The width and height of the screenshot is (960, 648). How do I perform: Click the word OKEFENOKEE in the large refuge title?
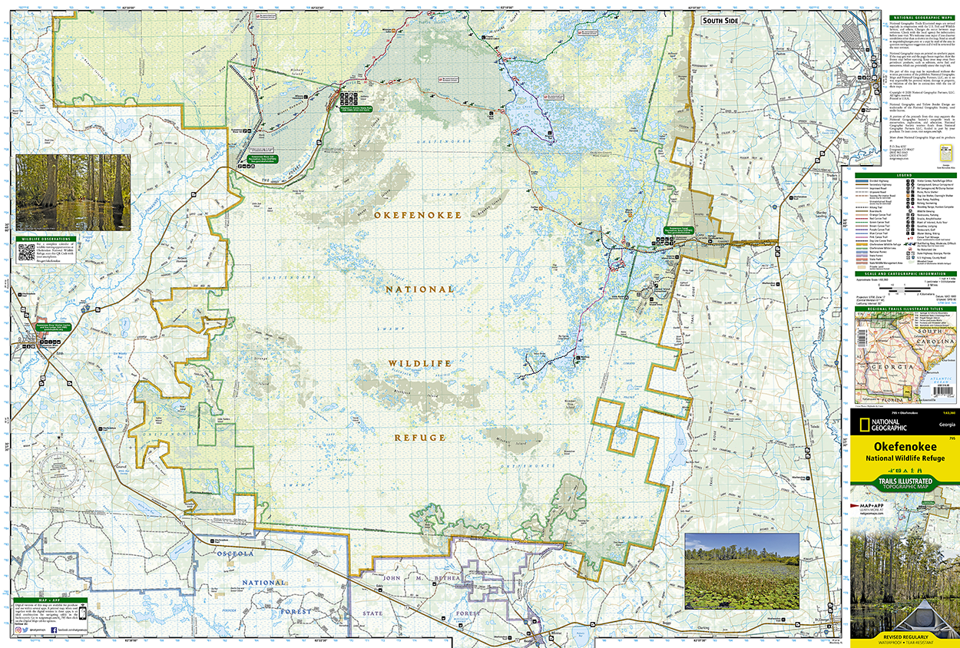tap(418, 216)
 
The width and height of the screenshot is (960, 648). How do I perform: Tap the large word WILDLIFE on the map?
tap(419, 363)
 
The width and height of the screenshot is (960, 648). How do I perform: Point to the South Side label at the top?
tap(720, 20)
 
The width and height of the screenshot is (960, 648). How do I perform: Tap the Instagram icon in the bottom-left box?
tap(17, 630)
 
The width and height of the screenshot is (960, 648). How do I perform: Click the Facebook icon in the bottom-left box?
tap(53, 630)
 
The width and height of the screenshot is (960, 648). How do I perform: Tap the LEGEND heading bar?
tap(904, 174)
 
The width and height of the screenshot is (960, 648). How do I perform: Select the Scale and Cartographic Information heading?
tap(904, 273)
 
